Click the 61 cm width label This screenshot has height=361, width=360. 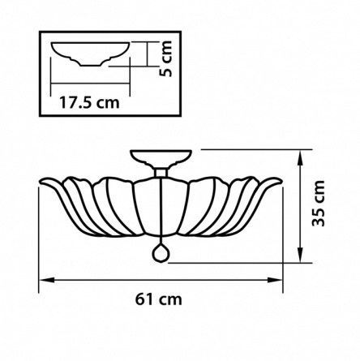tap(159, 299)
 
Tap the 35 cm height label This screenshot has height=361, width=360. tap(318, 204)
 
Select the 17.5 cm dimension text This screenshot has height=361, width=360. tap(89, 103)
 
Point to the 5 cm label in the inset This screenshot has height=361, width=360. tap(165, 58)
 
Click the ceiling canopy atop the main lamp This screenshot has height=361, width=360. tap(161, 158)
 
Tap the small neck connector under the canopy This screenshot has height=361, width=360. tap(161, 173)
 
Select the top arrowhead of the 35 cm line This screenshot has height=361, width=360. tap(300, 157)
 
